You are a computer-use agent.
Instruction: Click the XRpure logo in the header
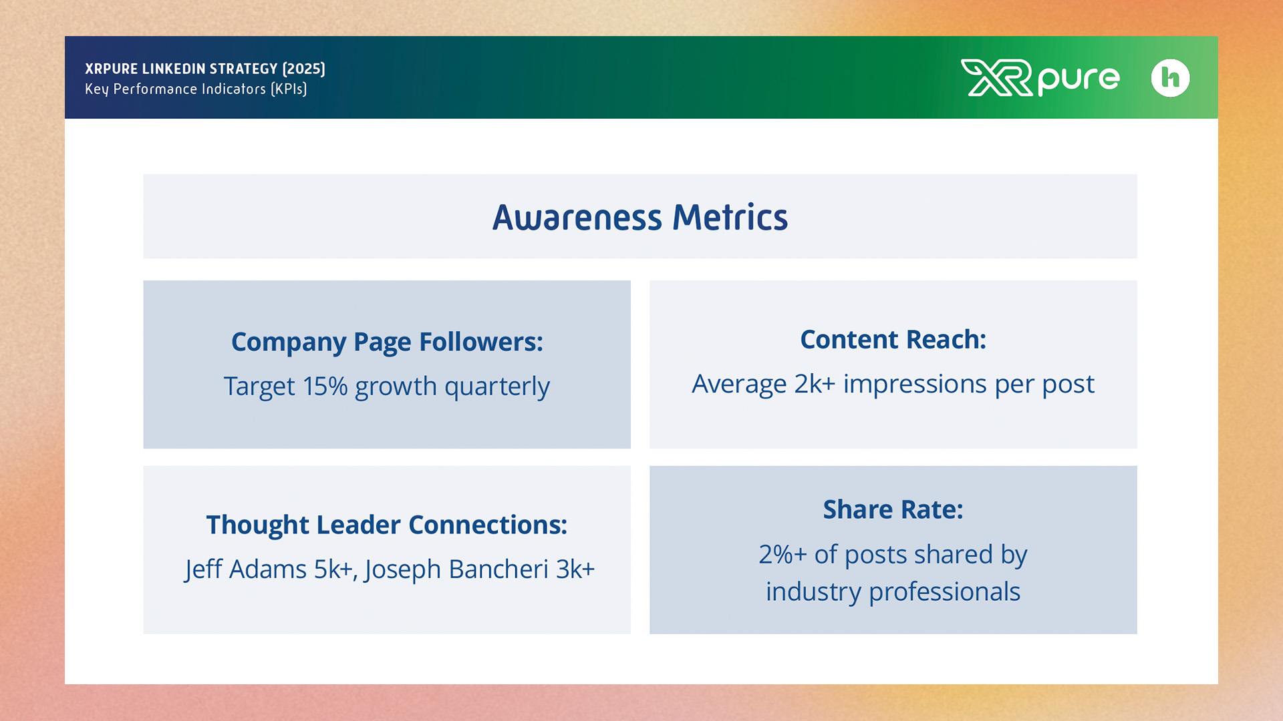[x=1040, y=78]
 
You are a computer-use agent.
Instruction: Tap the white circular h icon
[x=1170, y=78]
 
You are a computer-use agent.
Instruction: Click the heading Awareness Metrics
[x=640, y=218]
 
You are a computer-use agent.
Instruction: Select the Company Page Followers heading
[x=387, y=342]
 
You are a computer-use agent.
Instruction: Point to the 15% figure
[x=325, y=387]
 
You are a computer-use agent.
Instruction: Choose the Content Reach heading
[x=893, y=340]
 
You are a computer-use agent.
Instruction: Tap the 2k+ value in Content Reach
[x=815, y=384]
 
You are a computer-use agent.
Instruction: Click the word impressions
[x=915, y=385]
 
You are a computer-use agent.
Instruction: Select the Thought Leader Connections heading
[x=387, y=525]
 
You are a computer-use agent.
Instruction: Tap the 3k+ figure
[x=575, y=569]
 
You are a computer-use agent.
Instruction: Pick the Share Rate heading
[x=893, y=509]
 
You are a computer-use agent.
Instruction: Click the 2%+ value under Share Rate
[x=782, y=555]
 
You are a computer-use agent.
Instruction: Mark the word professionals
[x=944, y=592]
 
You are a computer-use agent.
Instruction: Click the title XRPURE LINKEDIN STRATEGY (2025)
[x=205, y=69]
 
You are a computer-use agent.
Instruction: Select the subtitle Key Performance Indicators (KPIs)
[x=196, y=89]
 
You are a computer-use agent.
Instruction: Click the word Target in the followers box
[x=259, y=387]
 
